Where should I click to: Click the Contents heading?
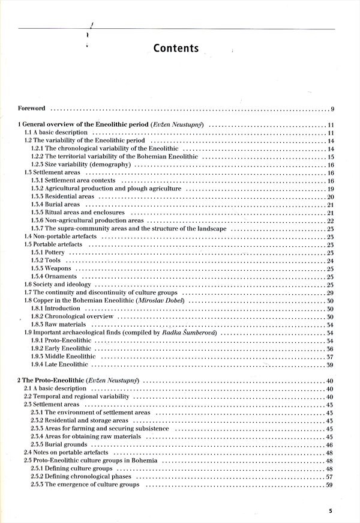coord(175,48)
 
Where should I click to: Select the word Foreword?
coord(32,109)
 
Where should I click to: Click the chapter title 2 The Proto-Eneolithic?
coord(50,381)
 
